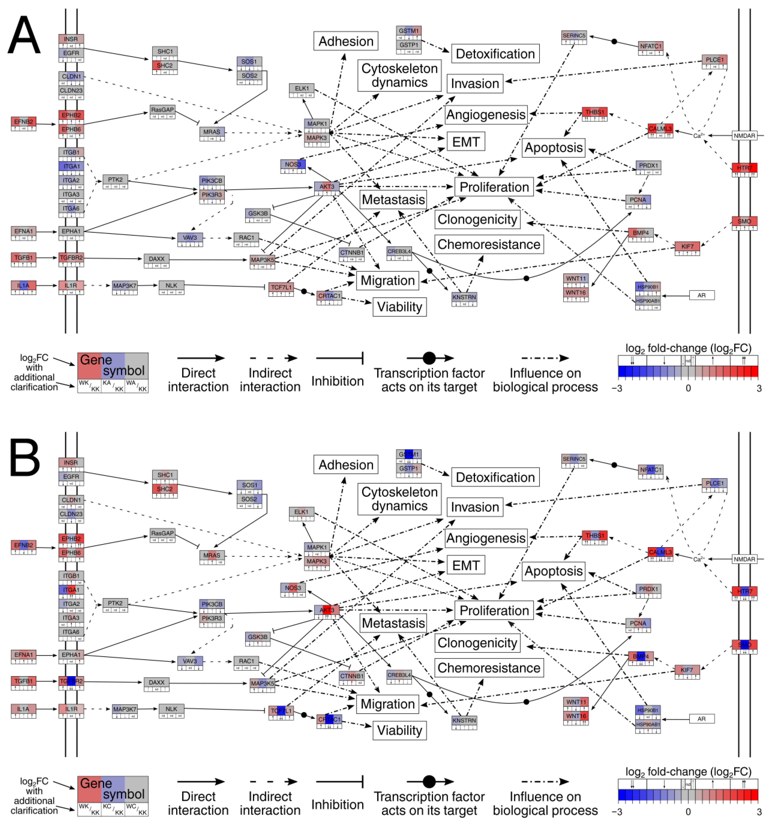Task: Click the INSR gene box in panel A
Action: pyautogui.click(x=71, y=39)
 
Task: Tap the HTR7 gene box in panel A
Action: pyautogui.click(x=744, y=168)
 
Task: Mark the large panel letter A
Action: pyautogui.click(x=24, y=35)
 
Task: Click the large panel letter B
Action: pyautogui.click(x=24, y=458)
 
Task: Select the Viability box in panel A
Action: pyautogui.click(x=399, y=307)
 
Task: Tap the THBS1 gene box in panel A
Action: pyautogui.click(x=594, y=112)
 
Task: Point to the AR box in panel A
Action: pyautogui.click(x=701, y=295)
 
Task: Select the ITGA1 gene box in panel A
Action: pyautogui.click(x=71, y=166)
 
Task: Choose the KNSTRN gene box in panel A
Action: pyautogui.click(x=464, y=297)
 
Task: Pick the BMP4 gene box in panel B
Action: pyautogui.click(x=640, y=656)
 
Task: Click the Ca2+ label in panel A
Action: pyautogui.click(x=698, y=136)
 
